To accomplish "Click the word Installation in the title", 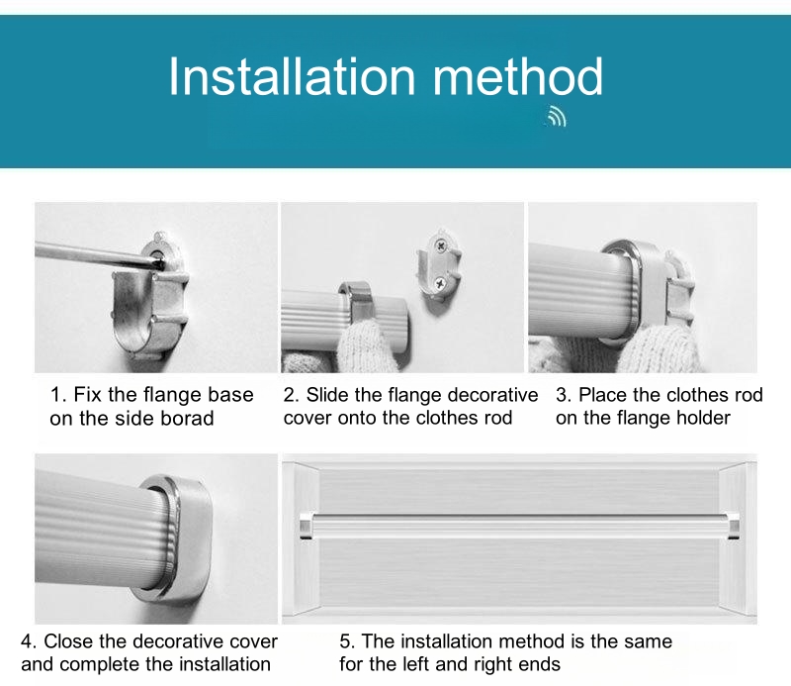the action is pyautogui.click(x=292, y=76).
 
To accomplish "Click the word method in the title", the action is pyautogui.click(x=517, y=76).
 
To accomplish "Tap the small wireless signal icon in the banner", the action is pyautogui.click(x=557, y=116).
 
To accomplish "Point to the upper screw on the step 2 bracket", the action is pyautogui.click(x=442, y=246).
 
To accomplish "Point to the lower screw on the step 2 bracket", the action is pyautogui.click(x=439, y=284).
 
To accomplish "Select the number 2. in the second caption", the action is pyautogui.click(x=292, y=395).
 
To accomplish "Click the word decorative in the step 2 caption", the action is pyautogui.click(x=492, y=395).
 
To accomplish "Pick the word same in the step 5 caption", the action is pyautogui.click(x=648, y=641).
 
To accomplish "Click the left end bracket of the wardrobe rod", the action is pyautogui.click(x=307, y=526).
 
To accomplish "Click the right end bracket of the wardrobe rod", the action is pyautogui.click(x=734, y=526).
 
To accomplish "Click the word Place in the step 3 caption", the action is pyautogui.click(x=602, y=395).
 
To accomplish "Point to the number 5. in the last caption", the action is pyautogui.click(x=348, y=641).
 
